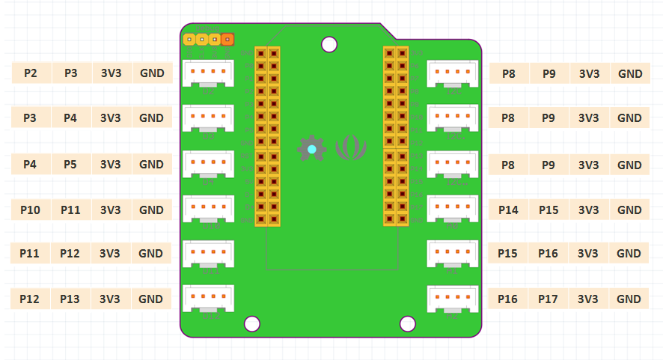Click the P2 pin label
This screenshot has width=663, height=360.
click(x=31, y=73)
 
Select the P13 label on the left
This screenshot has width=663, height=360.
click(x=70, y=299)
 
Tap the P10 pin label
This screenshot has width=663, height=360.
click(x=31, y=210)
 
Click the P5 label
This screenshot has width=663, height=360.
click(x=70, y=164)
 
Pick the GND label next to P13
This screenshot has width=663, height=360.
click(x=151, y=299)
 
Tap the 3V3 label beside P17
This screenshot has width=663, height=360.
click(x=588, y=299)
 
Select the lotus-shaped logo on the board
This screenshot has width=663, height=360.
click(x=351, y=148)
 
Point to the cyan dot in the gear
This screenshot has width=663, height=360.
click(x=311, y=149)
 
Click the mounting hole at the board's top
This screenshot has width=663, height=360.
click(x=329, y=44)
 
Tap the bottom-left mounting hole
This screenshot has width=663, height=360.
click(x=252, y=323)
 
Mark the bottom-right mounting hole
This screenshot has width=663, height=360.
click(x=408, y=323)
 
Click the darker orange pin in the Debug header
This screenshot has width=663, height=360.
click(x=227, y=39)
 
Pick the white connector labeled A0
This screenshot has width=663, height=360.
click(x=452, y=210)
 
